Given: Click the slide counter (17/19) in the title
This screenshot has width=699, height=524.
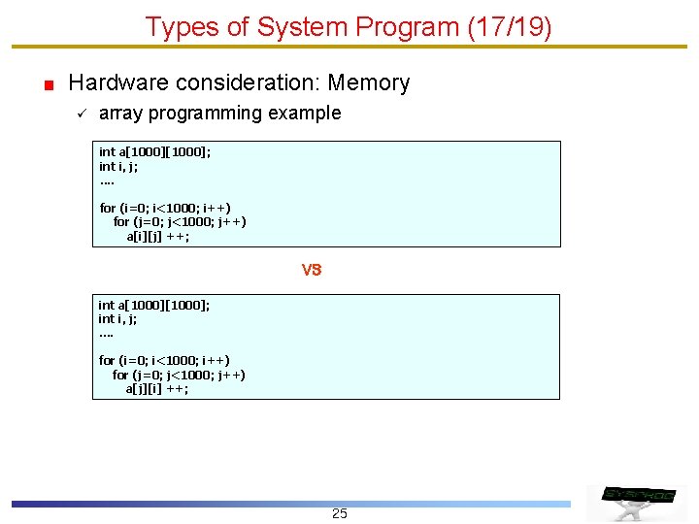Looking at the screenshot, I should pyautogui.click(x=510, y=27).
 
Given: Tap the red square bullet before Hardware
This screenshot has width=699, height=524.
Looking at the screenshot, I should pyautogui.click(x=48, y=85).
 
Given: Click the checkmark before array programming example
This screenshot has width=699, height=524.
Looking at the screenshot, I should pyautogui.click(x=82, y=114).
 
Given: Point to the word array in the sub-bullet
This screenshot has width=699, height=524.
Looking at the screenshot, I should pyautogui.click(x=119, y=113).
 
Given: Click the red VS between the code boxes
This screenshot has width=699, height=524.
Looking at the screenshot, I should pyautogui.click(x=311, y=270).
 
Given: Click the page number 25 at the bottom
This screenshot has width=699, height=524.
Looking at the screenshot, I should pyautogui.click(x=339, y=513).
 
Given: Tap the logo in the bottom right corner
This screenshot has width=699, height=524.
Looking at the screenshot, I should pyautogui.click(x=637, y=498).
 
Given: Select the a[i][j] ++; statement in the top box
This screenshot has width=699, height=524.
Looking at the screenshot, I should pyautogui.click(x=158, y=236).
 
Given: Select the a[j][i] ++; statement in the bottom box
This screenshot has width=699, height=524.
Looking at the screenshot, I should pyautogui.click(x=157, y=388).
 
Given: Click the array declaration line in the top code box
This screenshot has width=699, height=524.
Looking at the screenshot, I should pyautogui.click(x=155, y=151).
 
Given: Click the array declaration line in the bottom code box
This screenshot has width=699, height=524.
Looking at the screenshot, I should pyautogui.click(x=154, y=305).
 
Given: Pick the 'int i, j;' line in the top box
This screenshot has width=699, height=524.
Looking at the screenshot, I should pyautogui.click(x=118, y=166).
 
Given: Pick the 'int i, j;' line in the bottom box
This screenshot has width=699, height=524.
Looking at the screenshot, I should pyautogui.click(x=117, y=318).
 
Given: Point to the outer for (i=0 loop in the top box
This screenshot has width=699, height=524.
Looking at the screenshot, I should pyautogui.click(x=165, y=208).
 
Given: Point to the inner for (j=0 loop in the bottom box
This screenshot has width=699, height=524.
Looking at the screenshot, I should pyautogui.click(x=179, y=375).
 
